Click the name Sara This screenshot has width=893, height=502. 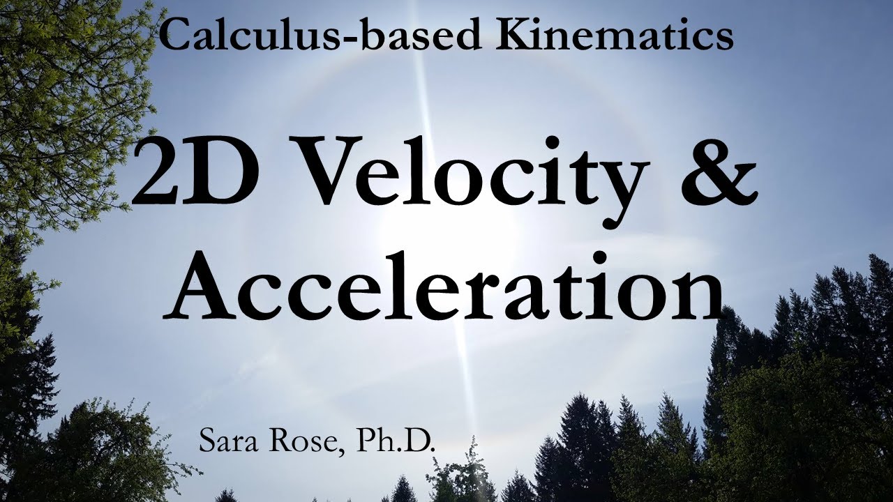click(x=230, y=441)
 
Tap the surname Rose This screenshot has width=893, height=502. click(x=304, y=441)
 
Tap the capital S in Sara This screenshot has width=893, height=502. click(x=209, y=441)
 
